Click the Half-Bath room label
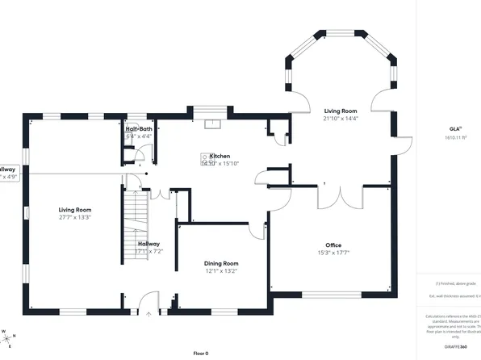coord(139,129)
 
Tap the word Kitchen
coord(220,156)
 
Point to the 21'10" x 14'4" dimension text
coord(341,119)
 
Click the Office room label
coord(333,245)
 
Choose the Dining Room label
coord(220,263)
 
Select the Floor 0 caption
coord(201,354)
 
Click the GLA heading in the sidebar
coord(455,129)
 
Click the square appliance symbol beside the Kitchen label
coord(205,158)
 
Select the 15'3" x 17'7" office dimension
coord(333,253)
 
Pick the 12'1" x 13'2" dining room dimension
coord(220,271)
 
